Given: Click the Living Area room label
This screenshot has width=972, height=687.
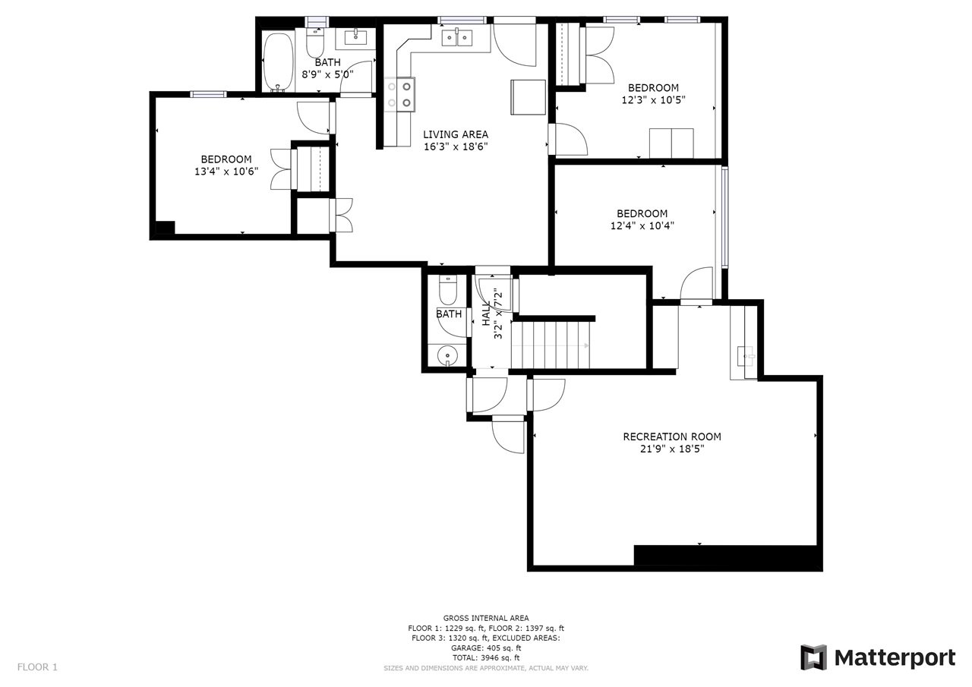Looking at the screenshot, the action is point(456,134).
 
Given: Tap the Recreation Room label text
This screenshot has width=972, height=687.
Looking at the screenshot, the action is point(672,436).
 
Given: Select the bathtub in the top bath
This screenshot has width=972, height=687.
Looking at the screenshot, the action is point(278,61).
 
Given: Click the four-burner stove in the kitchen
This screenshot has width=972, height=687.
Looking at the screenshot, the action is point(399,95).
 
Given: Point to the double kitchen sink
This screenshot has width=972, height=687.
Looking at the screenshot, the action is point(457,38).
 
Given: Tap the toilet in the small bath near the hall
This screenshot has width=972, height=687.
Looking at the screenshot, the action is point(447,291).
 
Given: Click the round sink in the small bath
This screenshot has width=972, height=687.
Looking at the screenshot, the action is point(447,356).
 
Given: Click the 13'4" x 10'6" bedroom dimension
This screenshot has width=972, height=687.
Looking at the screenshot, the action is point(226,172).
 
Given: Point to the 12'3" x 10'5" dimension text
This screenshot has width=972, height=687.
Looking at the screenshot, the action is point(654,100).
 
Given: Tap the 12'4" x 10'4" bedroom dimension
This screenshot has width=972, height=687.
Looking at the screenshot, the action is point(642,225).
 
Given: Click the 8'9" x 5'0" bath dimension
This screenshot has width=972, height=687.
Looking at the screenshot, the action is point(327,74).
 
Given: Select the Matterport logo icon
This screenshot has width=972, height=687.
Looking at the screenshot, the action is point(813,657).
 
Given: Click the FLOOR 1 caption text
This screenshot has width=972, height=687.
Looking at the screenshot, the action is point(37,667).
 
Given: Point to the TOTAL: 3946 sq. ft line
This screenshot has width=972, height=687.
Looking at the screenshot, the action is point(486,658).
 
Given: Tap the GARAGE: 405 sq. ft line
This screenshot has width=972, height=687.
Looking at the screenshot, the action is point(486,648).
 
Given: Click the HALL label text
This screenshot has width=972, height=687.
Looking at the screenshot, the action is point(486,314).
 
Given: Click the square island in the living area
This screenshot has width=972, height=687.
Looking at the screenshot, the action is point(528,97).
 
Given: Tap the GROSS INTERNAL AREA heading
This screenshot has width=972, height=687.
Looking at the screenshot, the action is point(486,618).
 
